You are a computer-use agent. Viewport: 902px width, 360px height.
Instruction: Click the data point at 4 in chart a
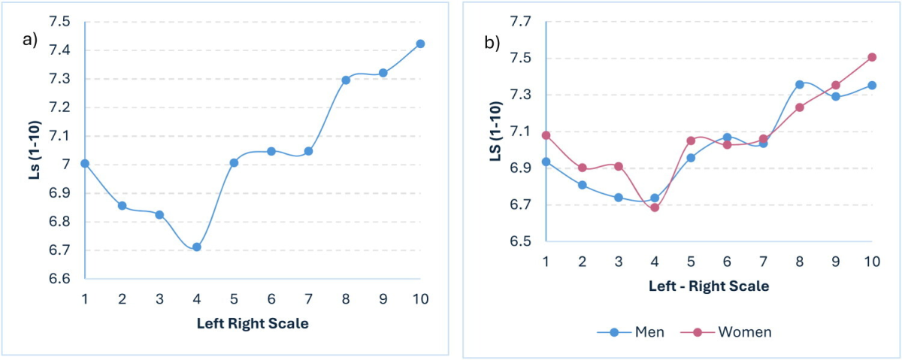[197, 247]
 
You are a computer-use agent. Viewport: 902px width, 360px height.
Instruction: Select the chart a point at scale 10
[420, 44]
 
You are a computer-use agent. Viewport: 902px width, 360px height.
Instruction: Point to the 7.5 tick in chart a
[61, 22]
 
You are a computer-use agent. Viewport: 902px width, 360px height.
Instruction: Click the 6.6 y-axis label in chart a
[61, 279]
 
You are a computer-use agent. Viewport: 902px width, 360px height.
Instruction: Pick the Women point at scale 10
[872, 57]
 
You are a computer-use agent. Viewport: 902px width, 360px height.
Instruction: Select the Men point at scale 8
[800, 84]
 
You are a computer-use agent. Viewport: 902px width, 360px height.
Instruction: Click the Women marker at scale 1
[546, 135]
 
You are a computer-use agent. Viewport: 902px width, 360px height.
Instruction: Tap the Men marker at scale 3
[618, 198]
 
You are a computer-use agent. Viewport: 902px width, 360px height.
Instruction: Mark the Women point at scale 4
[655, 207]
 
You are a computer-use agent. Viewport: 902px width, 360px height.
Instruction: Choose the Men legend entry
[631, 332]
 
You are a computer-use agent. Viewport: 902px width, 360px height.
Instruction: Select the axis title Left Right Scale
[253, 324]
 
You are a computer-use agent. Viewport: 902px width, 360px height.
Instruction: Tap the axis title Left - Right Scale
[708, 286]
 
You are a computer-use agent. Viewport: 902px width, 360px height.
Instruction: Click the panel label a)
[31, 41]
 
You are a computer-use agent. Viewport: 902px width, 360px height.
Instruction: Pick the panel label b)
[492, 43]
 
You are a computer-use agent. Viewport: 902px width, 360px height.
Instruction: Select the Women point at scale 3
[618, 166]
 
